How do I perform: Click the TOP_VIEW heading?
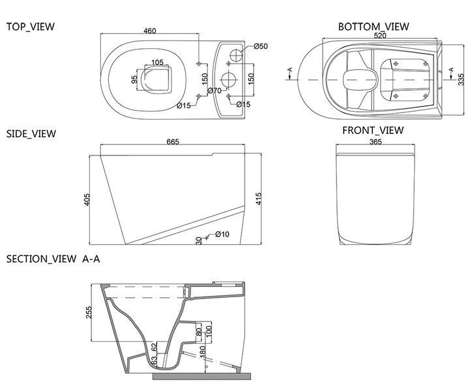coord(31,27)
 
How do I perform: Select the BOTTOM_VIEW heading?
coord(374,27)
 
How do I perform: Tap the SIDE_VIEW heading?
coord(31,134)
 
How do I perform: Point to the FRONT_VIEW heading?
coord(373,131)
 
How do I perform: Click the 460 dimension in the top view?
coord(150,31)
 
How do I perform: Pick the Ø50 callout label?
coord(261,46)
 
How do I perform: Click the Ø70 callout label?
coord(215,90)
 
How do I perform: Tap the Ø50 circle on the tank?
coord(236,55)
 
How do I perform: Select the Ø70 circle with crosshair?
coord(229,80)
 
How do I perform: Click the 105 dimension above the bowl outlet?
coord(157,62)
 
